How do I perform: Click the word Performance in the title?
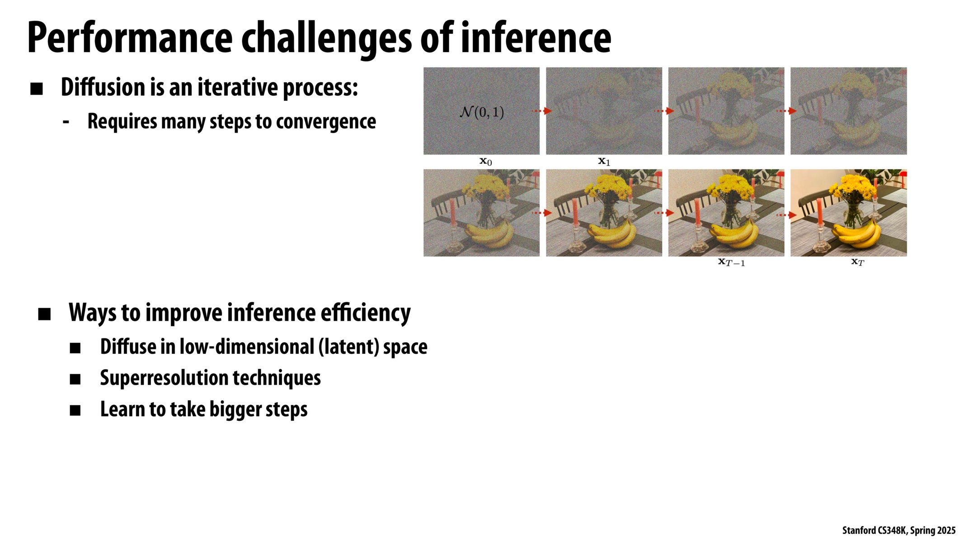(x=130, y=38)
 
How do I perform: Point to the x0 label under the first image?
(x=485, y=161)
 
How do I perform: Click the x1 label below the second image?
(x=604, y=161)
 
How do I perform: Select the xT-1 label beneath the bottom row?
(x=731, y=262)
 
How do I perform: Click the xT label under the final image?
(x=857, y=262)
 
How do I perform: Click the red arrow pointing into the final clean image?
(x=787, y=214)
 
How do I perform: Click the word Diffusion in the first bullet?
(x=103, y=87)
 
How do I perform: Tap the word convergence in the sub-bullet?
(x=326, y=121)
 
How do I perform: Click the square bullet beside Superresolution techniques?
(x=75, y=379)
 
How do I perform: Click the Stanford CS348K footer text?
(x=898, y=530)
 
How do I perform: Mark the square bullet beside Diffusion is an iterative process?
(x=37, y=89)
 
